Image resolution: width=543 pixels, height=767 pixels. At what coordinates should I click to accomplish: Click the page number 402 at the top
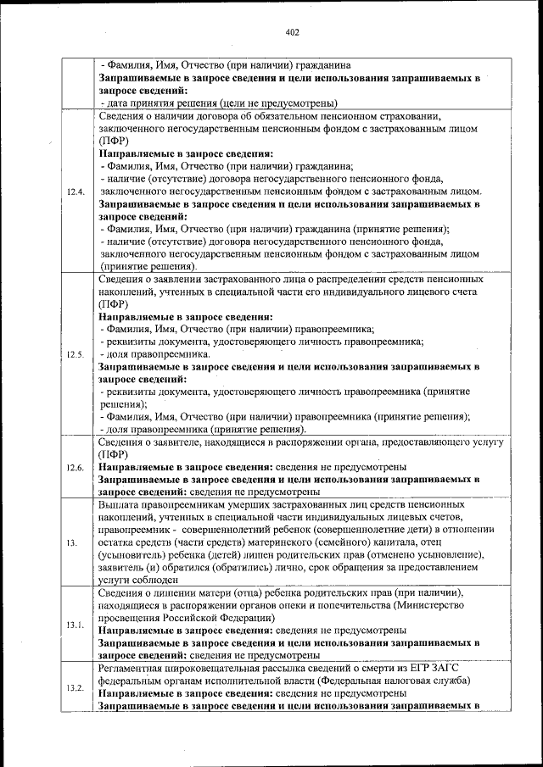click(293, 32)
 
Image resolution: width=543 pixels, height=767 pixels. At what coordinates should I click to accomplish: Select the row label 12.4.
click(76, 191)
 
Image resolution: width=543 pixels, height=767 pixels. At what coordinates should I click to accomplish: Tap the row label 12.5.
click(76, 354)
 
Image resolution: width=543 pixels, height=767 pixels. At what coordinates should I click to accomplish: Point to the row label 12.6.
click(76, 467)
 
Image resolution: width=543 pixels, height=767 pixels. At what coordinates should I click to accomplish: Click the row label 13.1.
click(76, 625)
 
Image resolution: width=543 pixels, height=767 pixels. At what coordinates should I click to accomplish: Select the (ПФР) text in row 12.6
click(113, 454)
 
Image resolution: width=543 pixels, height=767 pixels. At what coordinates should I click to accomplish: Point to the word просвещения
click(132, 618)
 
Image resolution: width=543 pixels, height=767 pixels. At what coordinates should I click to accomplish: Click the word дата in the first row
click(116, 103)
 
